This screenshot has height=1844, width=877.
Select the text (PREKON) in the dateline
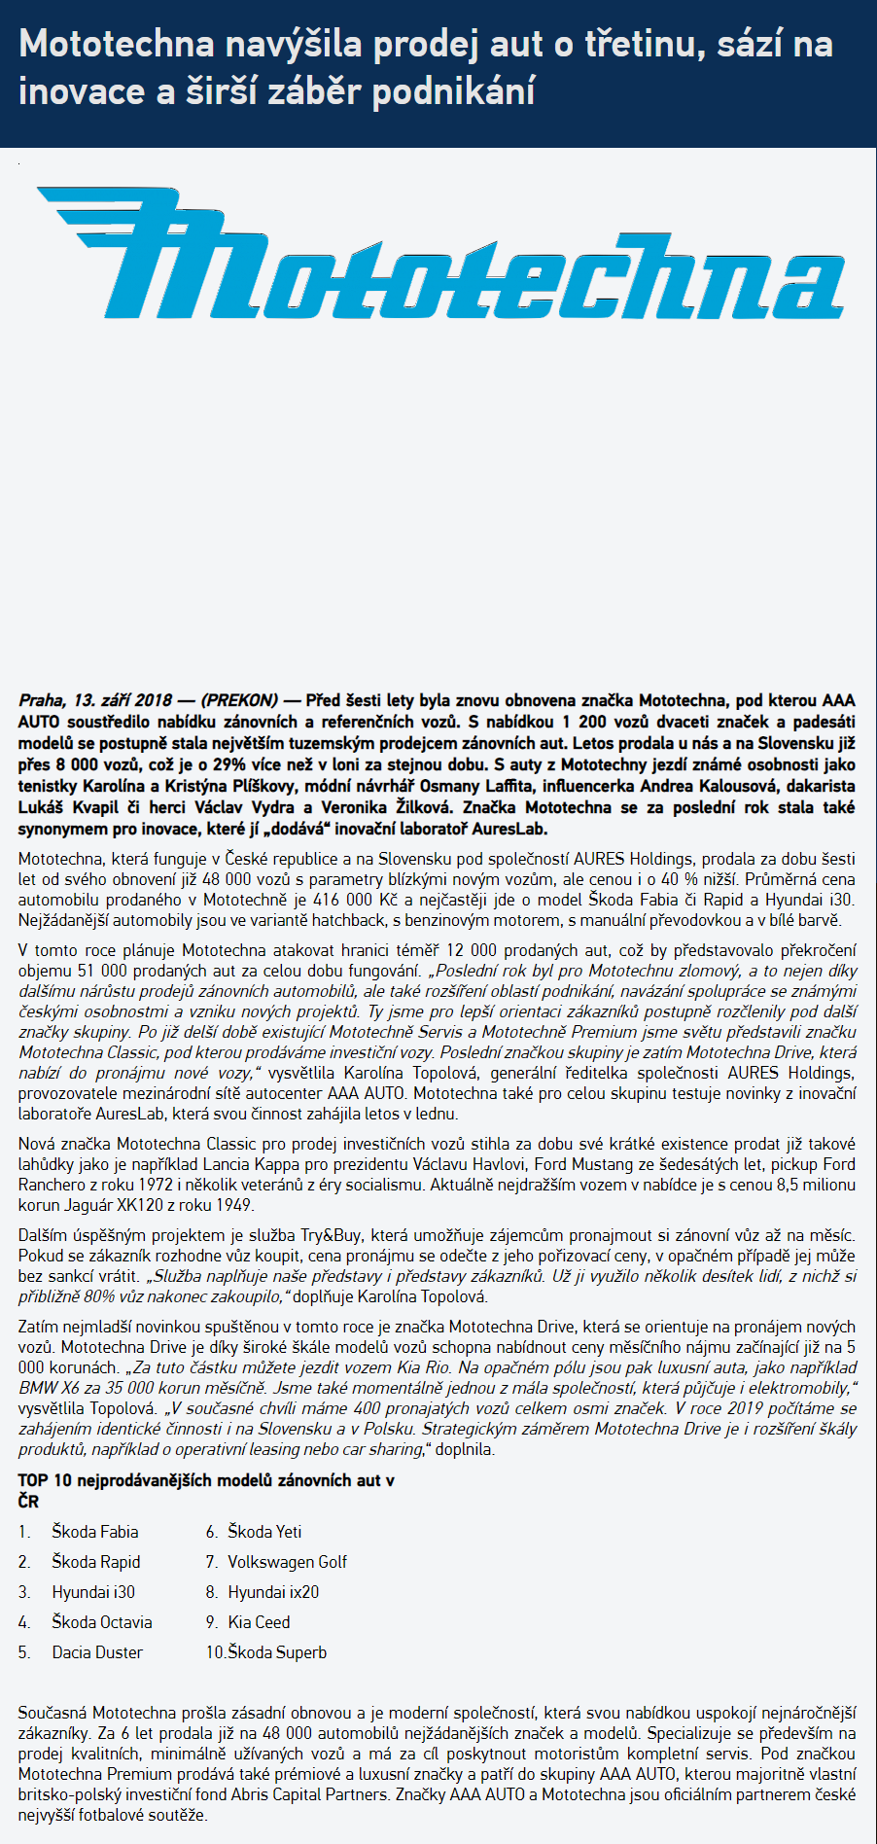(239, 700)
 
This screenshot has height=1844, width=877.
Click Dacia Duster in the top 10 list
(97, 1652)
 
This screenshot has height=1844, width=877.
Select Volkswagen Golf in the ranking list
(287, 1562)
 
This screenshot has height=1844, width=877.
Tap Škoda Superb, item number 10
(277, 1652)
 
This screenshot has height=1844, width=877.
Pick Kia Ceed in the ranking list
(259, 1622)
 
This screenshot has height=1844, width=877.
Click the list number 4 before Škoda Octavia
(24, 1622)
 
